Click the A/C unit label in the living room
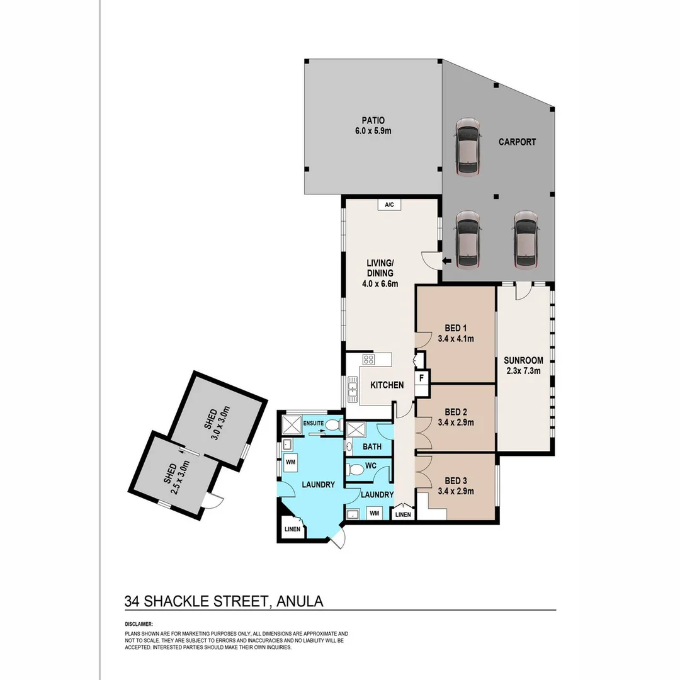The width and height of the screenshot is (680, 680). tap(389, 205)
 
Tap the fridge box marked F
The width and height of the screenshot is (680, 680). tap(422, 378)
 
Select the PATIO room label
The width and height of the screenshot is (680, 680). tap(373, 120)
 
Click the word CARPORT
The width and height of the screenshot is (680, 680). tap(517, 142)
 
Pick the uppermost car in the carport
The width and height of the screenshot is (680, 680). tap(468, 146)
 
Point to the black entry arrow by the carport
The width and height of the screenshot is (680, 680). tap(447, 262)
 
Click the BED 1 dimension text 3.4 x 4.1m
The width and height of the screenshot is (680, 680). tap(455, 339)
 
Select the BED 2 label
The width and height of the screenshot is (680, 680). tap(455, 412)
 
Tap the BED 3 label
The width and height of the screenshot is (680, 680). tap(455, 481)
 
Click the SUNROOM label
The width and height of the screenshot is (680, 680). tap(523, 361)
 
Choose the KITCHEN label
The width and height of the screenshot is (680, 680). tap(387, 385)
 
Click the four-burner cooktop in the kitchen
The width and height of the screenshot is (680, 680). tap(368, 361)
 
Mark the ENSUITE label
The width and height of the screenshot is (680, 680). tap(313, 423)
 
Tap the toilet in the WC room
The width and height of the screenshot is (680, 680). tap(356, 469)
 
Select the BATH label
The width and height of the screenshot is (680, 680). tap(371, 447)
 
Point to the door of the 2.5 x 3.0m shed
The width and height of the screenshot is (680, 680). tap(215, 500)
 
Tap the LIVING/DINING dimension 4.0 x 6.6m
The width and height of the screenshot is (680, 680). tap(380, 283)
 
